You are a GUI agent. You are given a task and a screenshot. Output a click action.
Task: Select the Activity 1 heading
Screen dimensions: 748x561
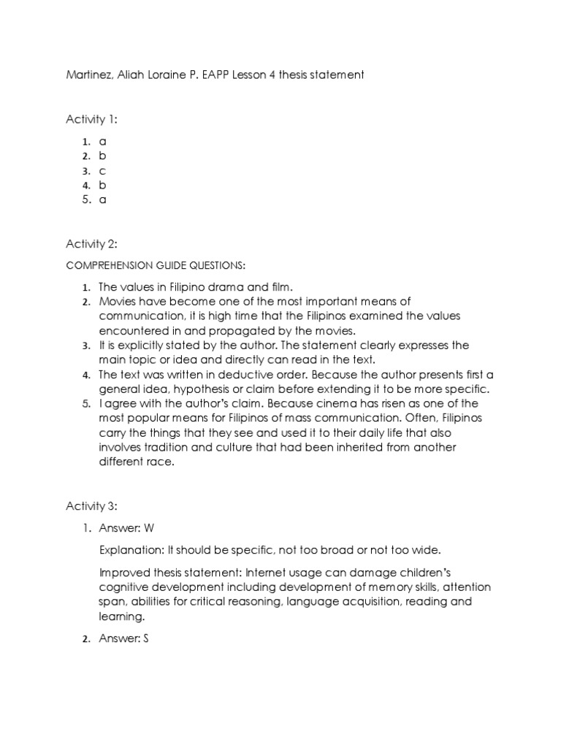pos(91,120)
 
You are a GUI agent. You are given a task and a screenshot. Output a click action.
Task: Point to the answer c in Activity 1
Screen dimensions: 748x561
pos(103,170)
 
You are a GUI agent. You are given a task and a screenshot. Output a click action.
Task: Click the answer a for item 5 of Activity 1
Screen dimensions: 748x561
pos(103,199)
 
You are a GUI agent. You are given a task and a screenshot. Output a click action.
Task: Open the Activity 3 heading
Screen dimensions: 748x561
pos(91,506)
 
